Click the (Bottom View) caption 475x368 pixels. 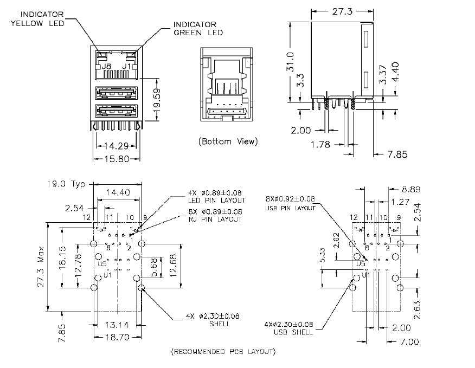tap(228, 142)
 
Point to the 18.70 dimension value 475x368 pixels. tap(116, 337)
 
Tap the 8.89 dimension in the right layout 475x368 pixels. tap(411, 190)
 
